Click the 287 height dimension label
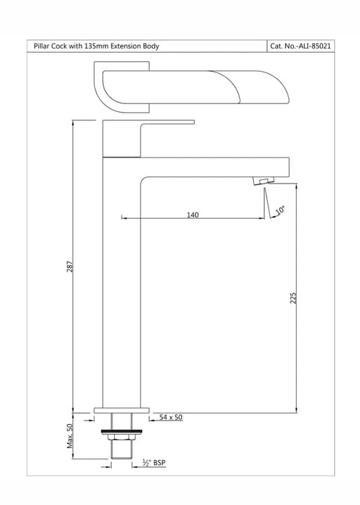coord(70,267)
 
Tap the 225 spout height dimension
coord(292,298)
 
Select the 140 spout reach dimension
coord(193,215)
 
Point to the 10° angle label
coord(280,210)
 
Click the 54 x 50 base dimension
coord(171,417)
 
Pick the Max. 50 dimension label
coord(70,436)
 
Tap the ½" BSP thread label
coord(154,463)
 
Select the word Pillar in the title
coord(42,46)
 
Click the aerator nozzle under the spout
coord(263,180)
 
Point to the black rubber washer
coord(122,431)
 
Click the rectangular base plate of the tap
coord(122,410)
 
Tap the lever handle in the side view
coord(148,139)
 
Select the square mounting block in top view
coord(122,87)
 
